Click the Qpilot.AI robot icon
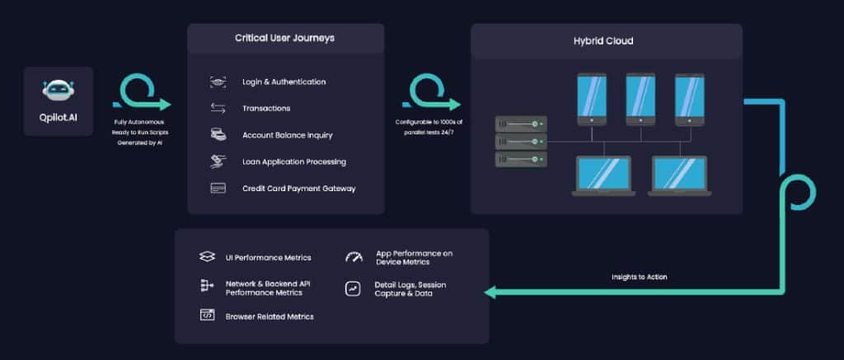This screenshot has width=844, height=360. tap(59, 92)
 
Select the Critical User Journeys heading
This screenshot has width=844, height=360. tap(285, 39)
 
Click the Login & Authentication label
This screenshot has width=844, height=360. tap(284, 82)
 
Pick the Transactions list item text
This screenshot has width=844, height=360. tap(266, 108)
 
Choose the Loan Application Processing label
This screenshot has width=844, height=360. tap(294, 161)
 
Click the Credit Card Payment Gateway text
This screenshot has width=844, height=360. tap(299, 188)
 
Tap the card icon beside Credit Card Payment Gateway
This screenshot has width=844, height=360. tap(218, 188)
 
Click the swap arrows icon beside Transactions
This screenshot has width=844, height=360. tap(218, 108)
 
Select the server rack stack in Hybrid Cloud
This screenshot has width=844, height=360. tap(521, 140)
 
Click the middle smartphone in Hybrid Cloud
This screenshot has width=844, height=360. tap(640, 100)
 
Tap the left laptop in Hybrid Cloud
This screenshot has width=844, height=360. tap(603, 175)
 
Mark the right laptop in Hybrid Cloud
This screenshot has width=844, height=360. tap(678, 175)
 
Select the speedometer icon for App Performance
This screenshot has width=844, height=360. tap(354, 258)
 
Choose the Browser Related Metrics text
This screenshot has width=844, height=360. tap(270, 316)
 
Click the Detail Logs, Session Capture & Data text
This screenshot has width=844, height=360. tap(410, 289)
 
